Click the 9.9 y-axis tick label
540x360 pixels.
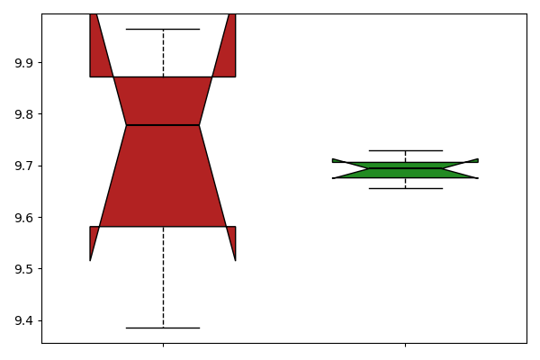(x=23, y=63)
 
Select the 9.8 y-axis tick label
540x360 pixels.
(x=23, y=114)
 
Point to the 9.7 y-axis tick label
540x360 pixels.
(x=23, y=166)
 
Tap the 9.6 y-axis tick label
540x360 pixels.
(x=23, y=218)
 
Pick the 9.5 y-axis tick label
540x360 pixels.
(x=23, y=269)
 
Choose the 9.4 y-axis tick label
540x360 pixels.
(x=23, y=320)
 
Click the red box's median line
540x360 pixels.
(x=163, y=125)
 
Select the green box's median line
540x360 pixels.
(x=405, y=168)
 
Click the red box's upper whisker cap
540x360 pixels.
(x=163, y=30)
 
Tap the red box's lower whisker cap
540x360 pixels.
(x=163, y=328)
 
